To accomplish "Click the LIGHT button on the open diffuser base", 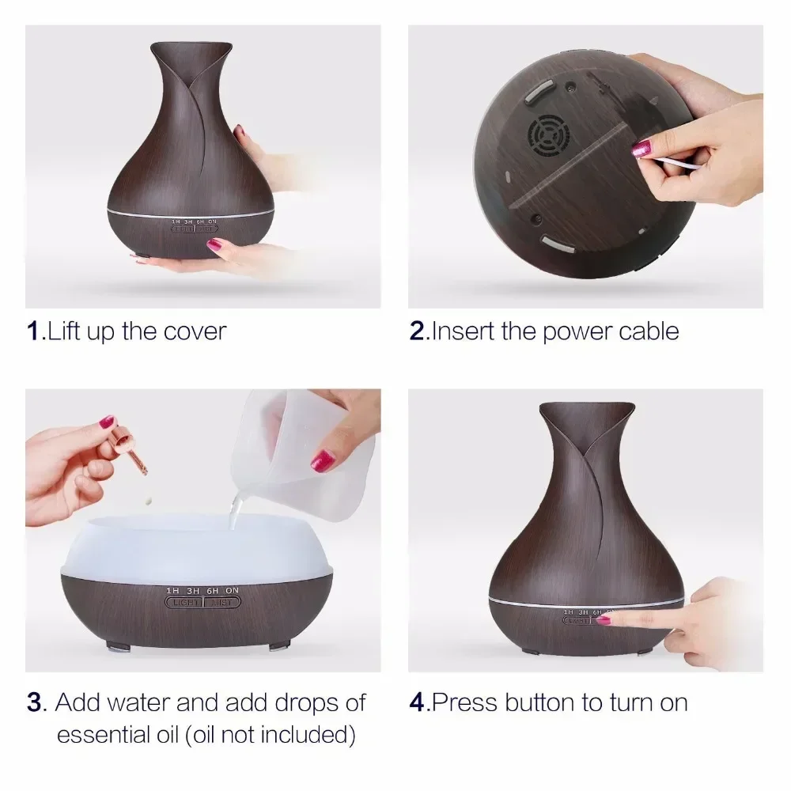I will [x=183, y=603].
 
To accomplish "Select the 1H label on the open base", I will [x=172, y=591].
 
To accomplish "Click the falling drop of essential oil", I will [x=148, y=501].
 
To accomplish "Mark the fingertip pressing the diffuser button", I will [x=604, y=619].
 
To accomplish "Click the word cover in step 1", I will [x=195, y=331].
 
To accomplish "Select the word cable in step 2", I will [x=648, y=331].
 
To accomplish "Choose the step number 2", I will [x=417, y=331].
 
